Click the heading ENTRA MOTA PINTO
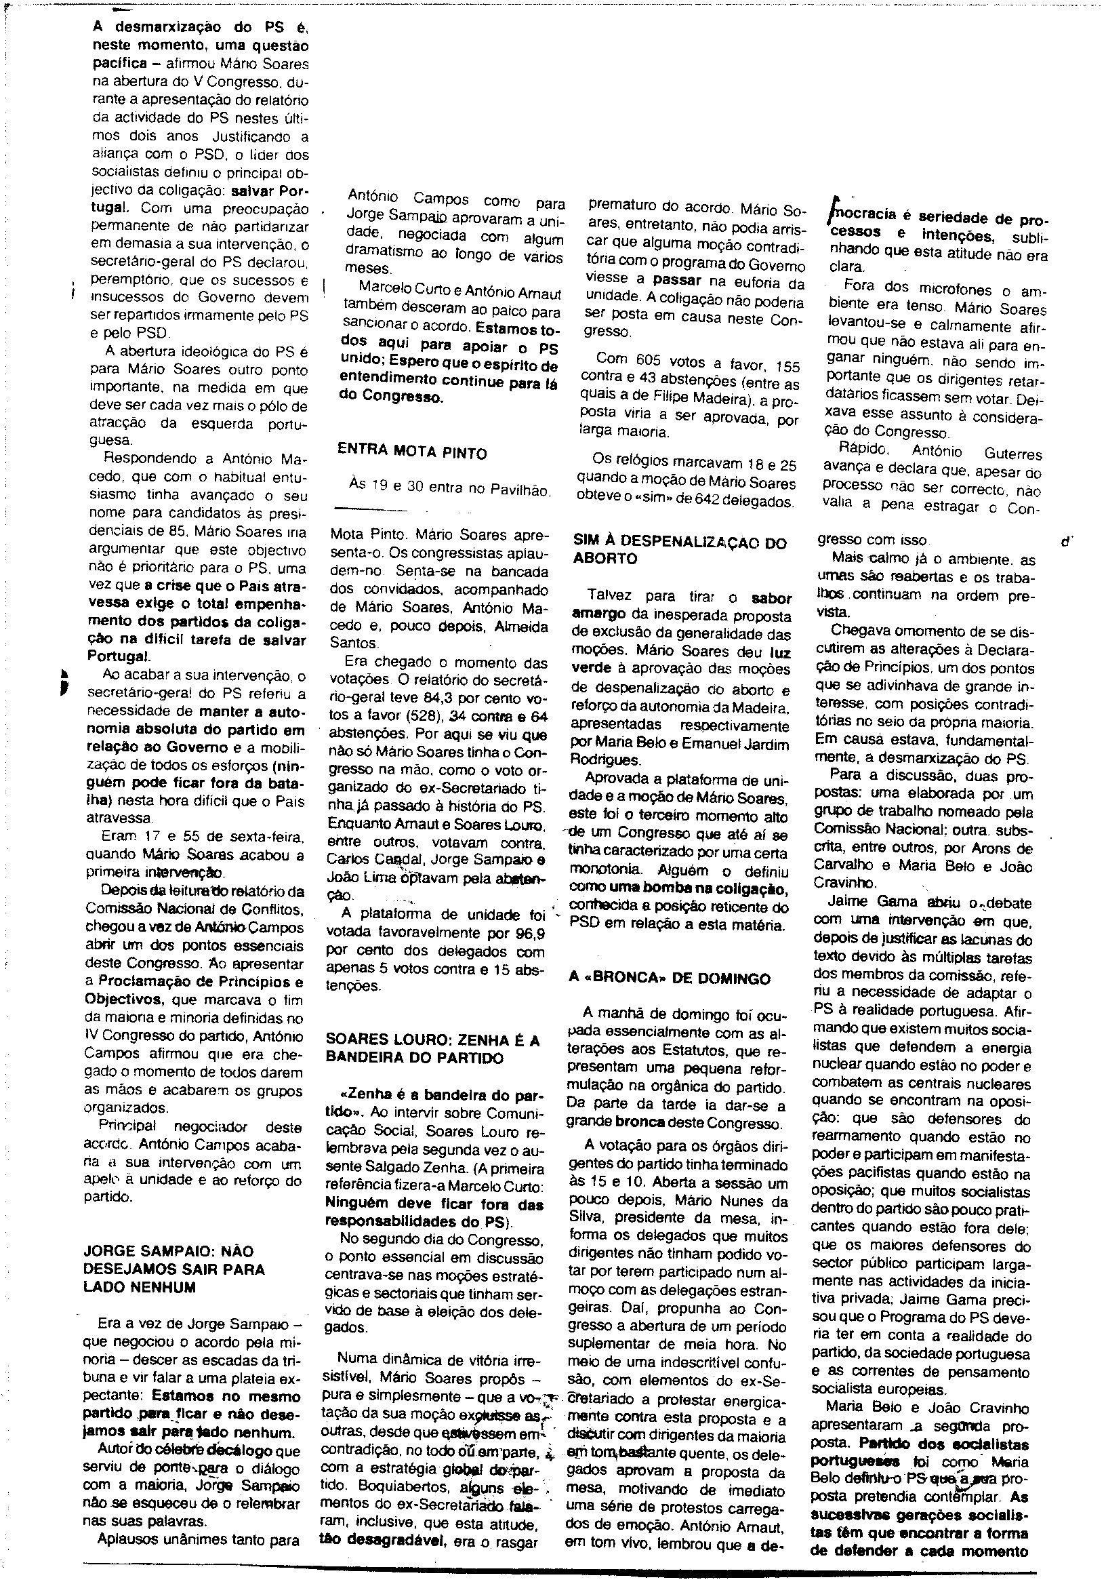point(411,453)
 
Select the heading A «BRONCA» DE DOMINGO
point(670,978)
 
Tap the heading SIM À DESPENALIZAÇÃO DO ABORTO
point(679,550)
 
